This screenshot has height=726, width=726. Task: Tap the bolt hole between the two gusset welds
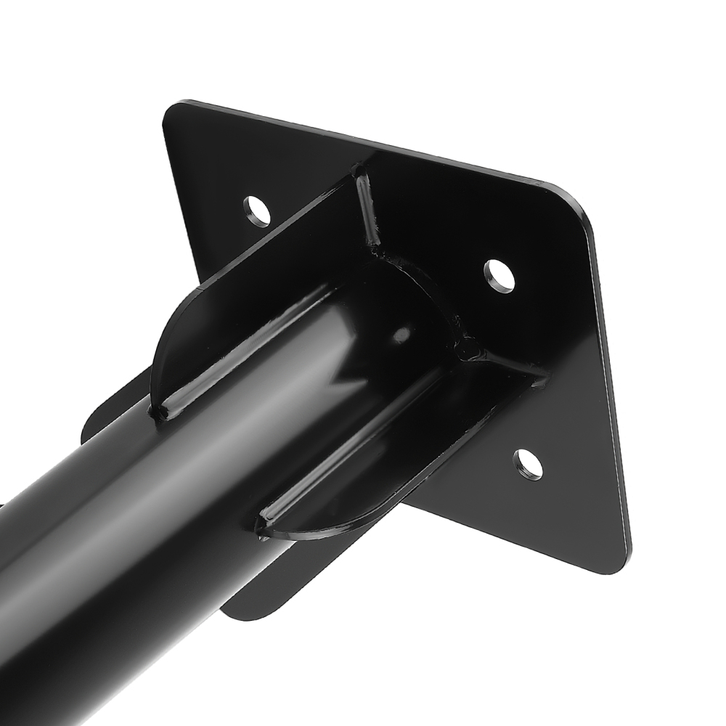(499, 276)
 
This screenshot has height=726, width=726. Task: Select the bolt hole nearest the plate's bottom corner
(528, 464)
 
